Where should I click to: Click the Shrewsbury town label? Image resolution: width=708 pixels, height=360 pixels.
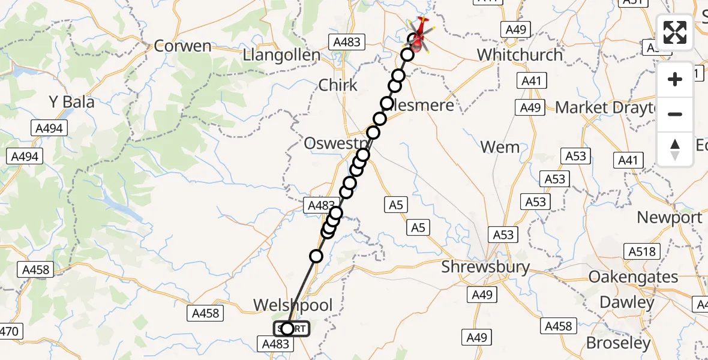(485, 267)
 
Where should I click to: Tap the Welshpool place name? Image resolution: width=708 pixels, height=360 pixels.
(292, 305)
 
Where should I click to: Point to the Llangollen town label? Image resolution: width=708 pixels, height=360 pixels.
(281, 56)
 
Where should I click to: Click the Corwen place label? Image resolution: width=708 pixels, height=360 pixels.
(182, 46)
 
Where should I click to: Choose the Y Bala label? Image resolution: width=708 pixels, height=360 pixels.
(71, 102)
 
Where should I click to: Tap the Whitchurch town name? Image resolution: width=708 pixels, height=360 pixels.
(520, 55)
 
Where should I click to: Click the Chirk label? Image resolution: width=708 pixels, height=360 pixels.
(338, 85)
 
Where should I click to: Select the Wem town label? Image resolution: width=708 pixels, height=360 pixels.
(500, 147)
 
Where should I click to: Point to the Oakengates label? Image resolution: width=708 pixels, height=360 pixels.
(633, 277)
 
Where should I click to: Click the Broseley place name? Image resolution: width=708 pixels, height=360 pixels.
(618, 343)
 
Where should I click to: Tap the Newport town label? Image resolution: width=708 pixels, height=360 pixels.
(669, 217)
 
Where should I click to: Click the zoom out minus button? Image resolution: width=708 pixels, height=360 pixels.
(675, 114)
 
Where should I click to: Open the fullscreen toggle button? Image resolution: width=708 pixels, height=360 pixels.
(675, 34)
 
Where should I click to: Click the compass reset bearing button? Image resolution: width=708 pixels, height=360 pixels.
(675, 149)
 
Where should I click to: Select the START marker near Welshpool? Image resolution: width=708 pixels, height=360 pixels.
(292, 329)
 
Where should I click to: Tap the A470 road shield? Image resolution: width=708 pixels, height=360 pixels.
(10, 331)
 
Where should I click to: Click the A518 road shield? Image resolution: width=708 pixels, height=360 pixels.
(641, 251)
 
